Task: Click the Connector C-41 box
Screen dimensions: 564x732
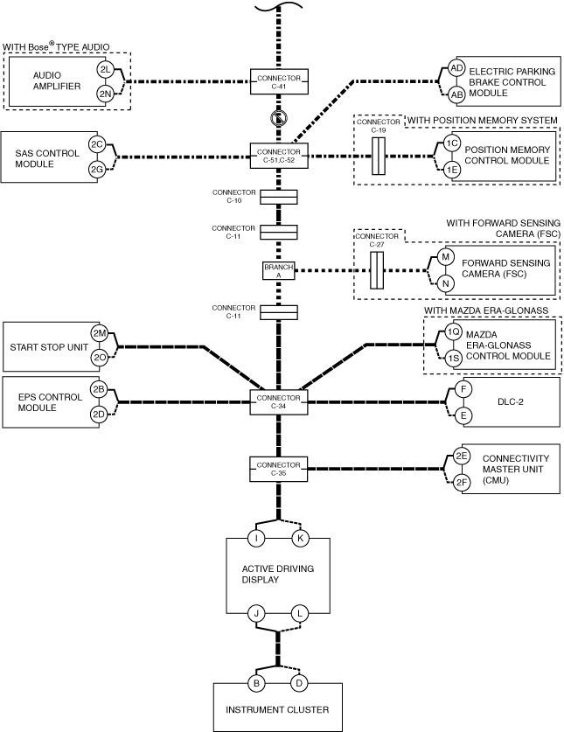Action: coord(279,81)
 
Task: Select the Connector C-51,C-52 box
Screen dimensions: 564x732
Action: coord(279,156)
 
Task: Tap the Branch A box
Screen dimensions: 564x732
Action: coord(279,271)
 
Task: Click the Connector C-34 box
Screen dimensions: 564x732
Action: coord(279,402)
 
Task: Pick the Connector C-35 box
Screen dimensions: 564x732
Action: coord(279,469)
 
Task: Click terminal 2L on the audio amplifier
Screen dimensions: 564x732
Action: coord(106,70)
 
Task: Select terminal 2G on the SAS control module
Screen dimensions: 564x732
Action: coord(97,170)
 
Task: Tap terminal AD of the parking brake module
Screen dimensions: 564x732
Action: coord(456,68)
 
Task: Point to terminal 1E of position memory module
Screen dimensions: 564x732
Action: coord(451,170)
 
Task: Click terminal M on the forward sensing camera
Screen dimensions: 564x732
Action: coord(445,257)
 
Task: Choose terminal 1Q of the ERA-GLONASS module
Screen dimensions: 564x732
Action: coord(452,332)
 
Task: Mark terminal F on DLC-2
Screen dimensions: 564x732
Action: coord(463,389)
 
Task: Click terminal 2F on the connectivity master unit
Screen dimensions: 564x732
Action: coord(462,482)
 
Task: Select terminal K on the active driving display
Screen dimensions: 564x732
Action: coord(300,538)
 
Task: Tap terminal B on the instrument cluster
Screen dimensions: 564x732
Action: coord(256,683)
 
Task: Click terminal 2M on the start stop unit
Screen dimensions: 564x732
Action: coord(100,333)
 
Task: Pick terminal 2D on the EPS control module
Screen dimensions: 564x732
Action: coord(99,414)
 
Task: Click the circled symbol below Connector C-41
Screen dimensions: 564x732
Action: coord(279,118)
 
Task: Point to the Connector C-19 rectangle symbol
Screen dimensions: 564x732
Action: coord(379,156)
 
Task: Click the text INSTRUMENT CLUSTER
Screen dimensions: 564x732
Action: coord(277,709)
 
